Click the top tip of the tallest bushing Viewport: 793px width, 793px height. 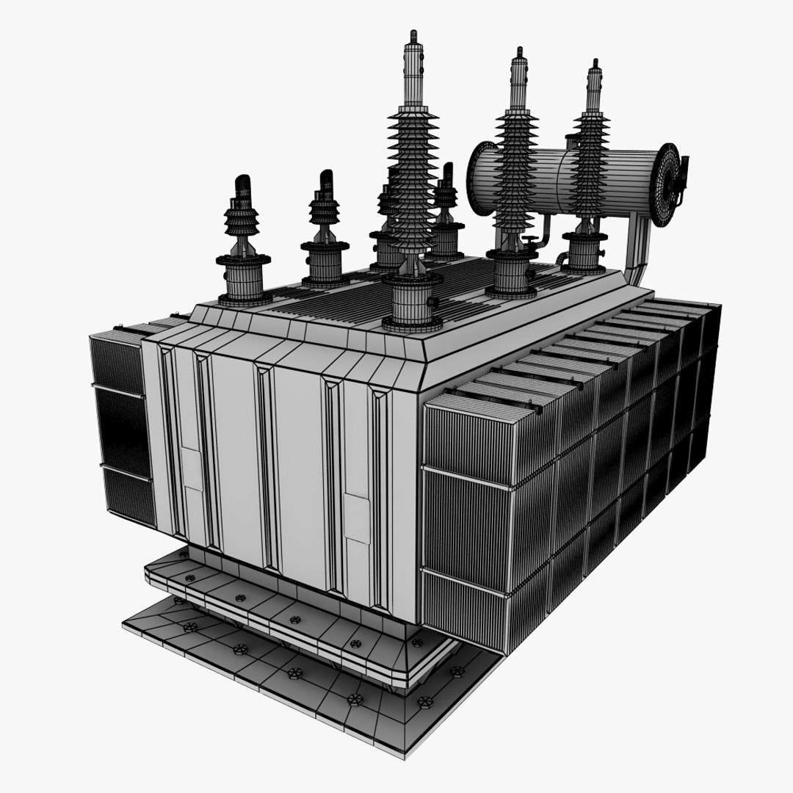(413, 35)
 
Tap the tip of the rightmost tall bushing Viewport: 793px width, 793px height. (593, 65)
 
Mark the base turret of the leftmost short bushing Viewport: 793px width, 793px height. (244, 279)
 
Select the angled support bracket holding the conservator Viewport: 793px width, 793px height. (637, 250)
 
